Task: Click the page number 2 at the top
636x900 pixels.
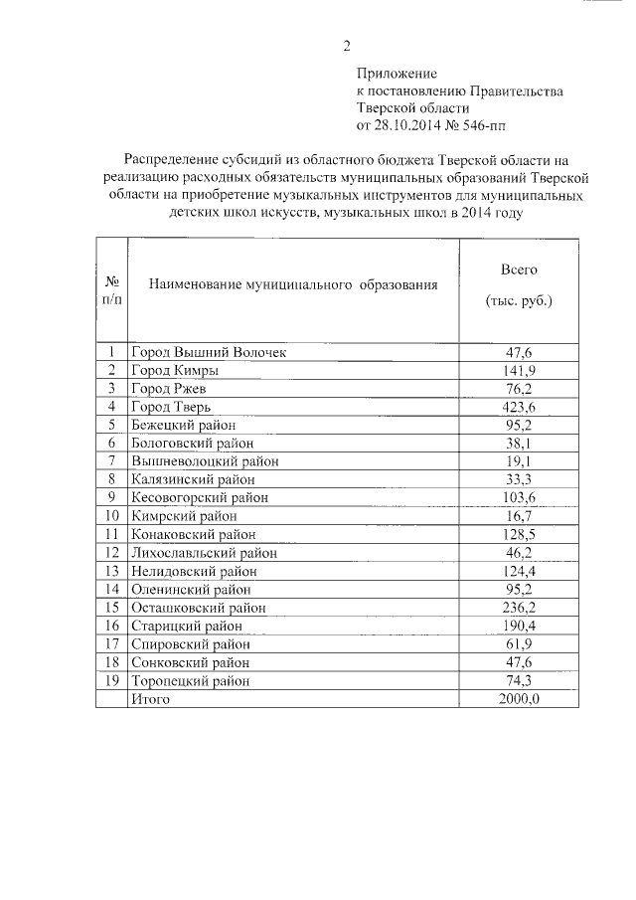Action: pos(347,45)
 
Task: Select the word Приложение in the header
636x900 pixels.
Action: pos(397,74)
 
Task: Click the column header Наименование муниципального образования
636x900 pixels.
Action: pos(292,285)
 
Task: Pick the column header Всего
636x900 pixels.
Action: pos(518,270)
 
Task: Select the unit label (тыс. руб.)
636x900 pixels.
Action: pos(518,300)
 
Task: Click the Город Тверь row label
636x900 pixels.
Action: pos(171,406)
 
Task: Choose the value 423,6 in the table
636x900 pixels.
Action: pos(518,406)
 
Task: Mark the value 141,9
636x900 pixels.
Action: pos(518,370)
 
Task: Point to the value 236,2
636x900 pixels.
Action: pos(518,608)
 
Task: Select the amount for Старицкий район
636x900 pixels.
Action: pos(518,626)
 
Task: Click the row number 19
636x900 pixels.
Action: pos(112,681)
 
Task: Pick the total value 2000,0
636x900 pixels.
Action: pos(518,699)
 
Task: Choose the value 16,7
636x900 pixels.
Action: pos(518,516)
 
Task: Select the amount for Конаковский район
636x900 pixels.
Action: pos(518,534)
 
